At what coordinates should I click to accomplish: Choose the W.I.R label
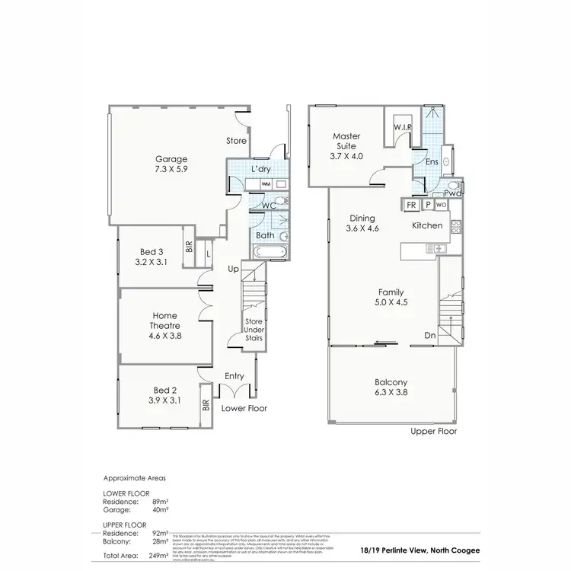pyautogui.click(x=403, y=126)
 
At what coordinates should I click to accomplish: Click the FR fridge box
pyautogui.click(x=411, y=206)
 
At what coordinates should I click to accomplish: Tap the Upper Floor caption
pyautogui.click(x=433, y=431)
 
